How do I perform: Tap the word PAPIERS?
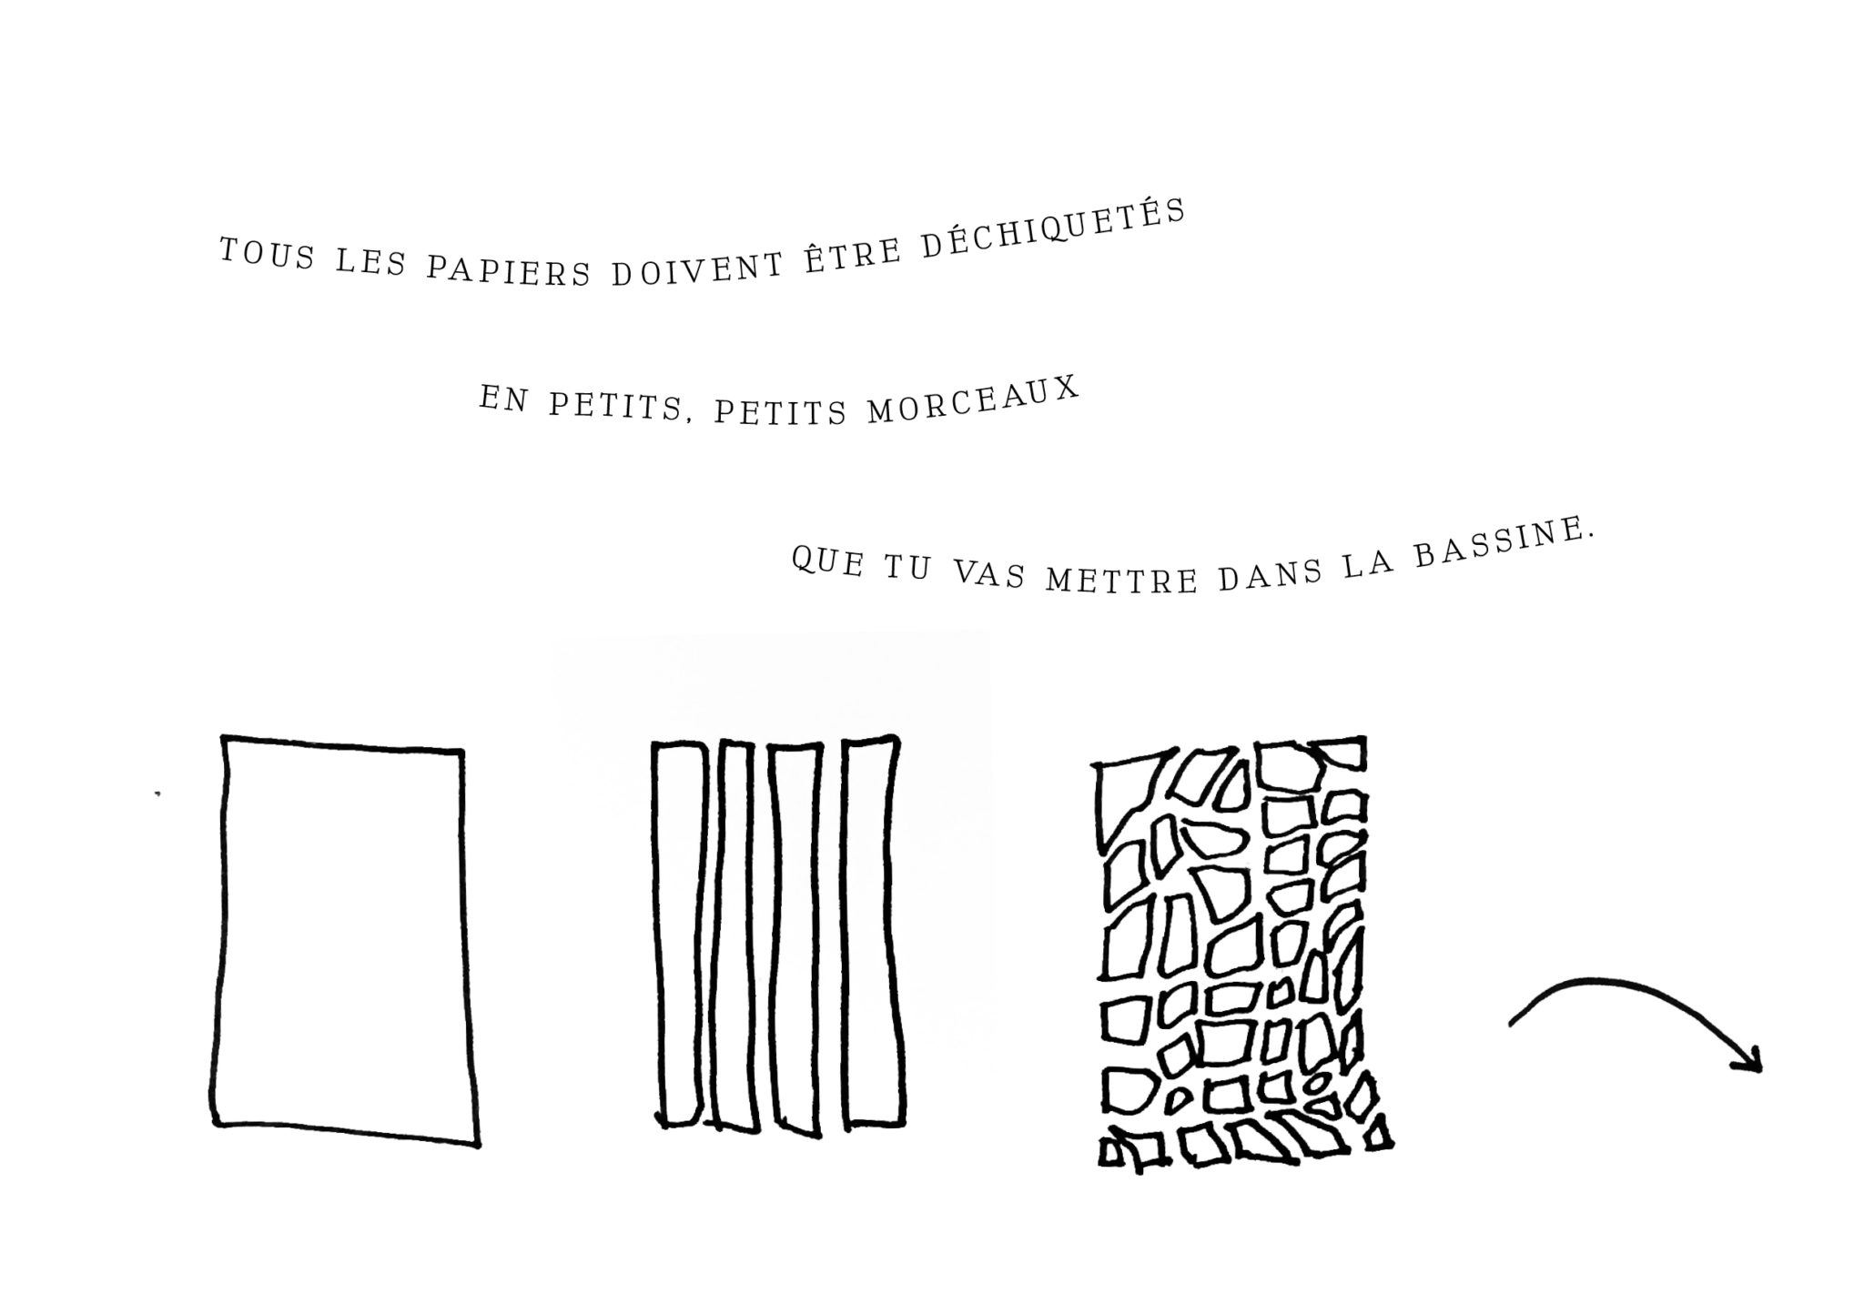(x=509, y=270)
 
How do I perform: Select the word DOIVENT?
(x=697, y=269)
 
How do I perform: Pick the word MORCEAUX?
(x=973, y=401)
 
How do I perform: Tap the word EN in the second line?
(x=503, y=399)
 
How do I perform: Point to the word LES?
(x=370, y=264)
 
